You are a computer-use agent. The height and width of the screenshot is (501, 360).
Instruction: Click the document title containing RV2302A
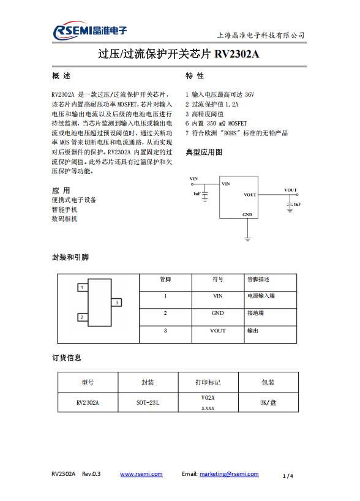179,55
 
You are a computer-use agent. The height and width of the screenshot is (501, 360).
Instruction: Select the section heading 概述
62,76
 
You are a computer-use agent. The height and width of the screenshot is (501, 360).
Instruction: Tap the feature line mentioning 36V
220,95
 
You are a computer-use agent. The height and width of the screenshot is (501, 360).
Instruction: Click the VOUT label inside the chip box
250,195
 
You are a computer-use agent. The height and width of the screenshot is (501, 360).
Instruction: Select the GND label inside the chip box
247,215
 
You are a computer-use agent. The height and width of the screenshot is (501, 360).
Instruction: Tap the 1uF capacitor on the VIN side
205,195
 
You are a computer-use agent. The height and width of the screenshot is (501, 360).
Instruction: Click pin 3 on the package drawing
116,302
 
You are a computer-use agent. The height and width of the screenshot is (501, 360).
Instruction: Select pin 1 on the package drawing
80,287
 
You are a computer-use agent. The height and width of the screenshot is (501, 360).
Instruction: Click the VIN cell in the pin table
218,296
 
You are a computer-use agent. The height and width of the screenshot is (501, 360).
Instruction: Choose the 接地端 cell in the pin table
255,313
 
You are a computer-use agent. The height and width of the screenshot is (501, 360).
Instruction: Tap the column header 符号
218,279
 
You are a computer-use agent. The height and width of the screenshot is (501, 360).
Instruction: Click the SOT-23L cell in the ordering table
148,403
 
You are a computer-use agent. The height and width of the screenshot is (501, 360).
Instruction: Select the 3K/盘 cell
268,403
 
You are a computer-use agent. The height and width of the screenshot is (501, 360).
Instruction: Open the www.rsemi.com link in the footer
141,474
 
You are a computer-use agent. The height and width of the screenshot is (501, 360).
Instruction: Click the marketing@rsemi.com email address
229,474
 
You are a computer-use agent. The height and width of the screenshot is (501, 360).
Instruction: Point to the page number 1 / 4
288,475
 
